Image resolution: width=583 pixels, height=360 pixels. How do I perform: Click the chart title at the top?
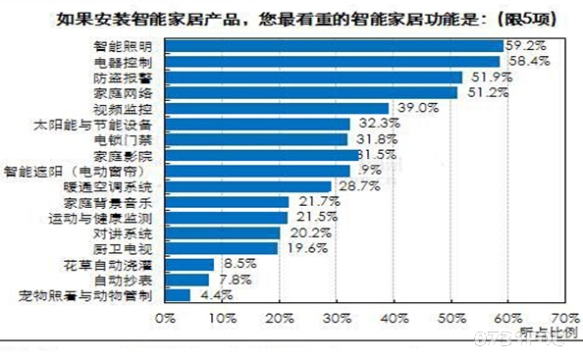click(291, 17)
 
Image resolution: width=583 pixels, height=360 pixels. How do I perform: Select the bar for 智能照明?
click(334, 45)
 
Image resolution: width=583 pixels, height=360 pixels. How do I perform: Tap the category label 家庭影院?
click(124, 155)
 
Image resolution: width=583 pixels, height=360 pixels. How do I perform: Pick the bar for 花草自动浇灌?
click(188, 264)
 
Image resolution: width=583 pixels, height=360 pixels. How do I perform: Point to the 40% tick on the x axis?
click(394, 318)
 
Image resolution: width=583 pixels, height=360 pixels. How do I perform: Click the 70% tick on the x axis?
click(564, 318)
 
